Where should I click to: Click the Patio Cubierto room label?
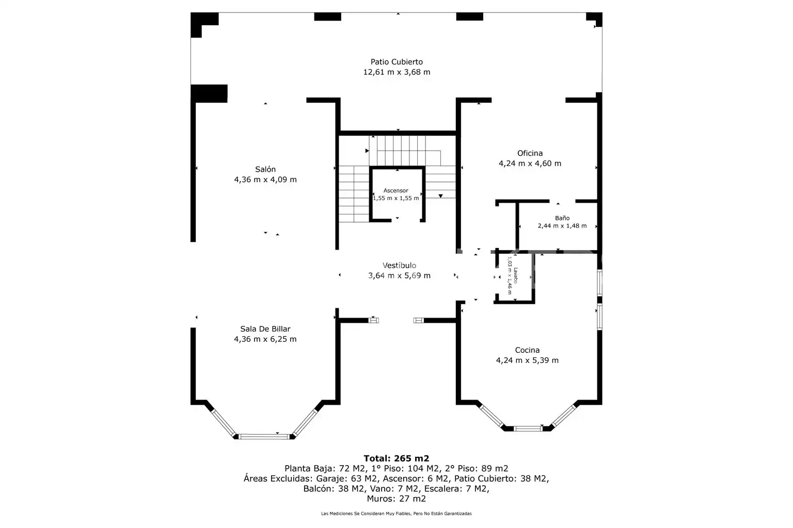[396, 62]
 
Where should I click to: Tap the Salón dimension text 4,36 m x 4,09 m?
[265, 179]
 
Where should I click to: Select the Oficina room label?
[530, 153]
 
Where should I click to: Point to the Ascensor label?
[396, 191]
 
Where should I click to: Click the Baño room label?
[562, 218]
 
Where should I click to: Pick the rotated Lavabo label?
[515, 275]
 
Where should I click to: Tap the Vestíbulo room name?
[399, 265]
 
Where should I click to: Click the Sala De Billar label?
[265, 329]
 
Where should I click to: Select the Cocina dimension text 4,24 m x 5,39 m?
[527, 360]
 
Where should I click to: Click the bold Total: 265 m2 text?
[396, 458]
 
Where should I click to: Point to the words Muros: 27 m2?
[396, 499]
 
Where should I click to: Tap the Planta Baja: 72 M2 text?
[325, 469]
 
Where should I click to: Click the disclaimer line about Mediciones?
[396, 514]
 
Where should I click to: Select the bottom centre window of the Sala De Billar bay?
[264, 437]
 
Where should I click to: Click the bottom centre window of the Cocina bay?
[528, 428]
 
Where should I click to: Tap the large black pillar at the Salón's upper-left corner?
[209, 94]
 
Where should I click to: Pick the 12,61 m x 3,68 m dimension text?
[396, 72]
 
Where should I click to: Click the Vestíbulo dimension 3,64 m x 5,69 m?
[399, 275]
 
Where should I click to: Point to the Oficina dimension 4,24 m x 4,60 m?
[530, 163]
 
